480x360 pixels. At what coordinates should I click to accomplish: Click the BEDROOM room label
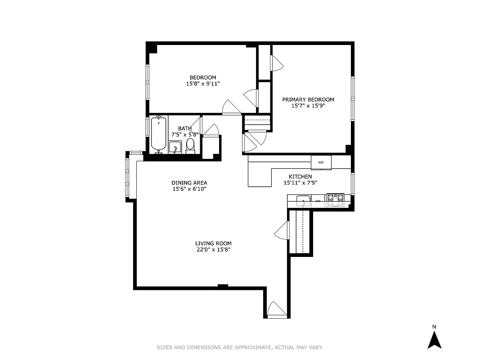click(202, 77)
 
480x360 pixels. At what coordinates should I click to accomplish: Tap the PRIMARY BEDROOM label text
click(308, 99)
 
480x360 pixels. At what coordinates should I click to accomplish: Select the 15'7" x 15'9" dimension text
click(308, 106)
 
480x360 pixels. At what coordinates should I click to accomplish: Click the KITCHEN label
click(300, 176)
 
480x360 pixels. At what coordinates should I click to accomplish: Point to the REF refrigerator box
click(321, 162)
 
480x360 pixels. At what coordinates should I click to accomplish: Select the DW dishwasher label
click(318, 201)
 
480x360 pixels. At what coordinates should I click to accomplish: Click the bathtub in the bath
click(158, 134)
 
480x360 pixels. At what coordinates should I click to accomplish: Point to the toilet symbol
click(190, 145)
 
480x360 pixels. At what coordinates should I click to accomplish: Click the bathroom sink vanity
click(175, 147)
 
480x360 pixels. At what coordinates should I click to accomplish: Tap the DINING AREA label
click(189, 183)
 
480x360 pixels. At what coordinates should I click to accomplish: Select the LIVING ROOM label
click(213, 243)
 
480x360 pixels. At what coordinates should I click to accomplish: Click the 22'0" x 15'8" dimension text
click(213, 250)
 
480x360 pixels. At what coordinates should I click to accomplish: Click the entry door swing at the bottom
click(277, 309)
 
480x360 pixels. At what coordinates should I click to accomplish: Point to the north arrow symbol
click(434, 340)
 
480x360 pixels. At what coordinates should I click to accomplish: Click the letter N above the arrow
click(434, 327)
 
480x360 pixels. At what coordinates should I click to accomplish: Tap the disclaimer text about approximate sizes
click(240, 347)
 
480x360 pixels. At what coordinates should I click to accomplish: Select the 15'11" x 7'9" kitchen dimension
click(300, 183)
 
